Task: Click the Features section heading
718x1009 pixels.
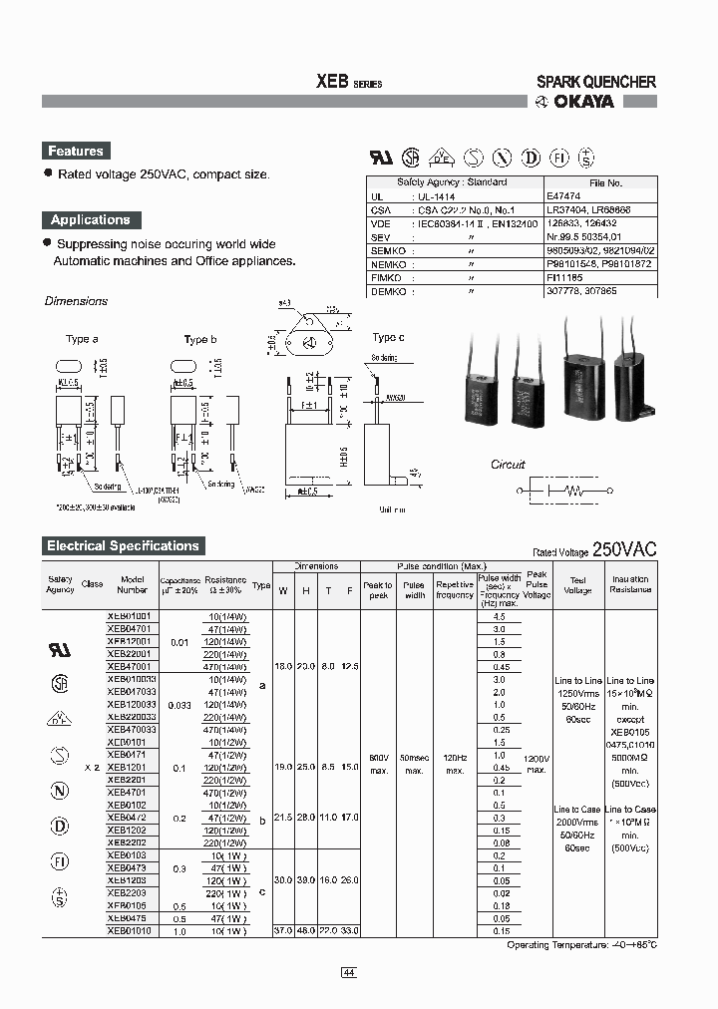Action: coord(76,152)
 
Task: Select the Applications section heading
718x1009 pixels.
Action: coord(91,220)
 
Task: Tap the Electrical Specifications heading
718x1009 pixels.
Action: coord(123,546)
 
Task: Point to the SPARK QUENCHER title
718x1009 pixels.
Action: coord(596,82)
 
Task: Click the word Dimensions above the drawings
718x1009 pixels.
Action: coord(76,301)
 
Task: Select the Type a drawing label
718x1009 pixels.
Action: coord(82,340)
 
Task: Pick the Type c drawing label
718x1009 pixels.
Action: coord(388,338)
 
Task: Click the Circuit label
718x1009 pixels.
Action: coord(508,465)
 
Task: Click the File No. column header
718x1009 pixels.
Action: coord(605,183)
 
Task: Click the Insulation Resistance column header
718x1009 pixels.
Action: coord(630,584)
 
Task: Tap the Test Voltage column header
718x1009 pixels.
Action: coord(577,584)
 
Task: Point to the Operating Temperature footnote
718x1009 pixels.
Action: coord(582,944)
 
